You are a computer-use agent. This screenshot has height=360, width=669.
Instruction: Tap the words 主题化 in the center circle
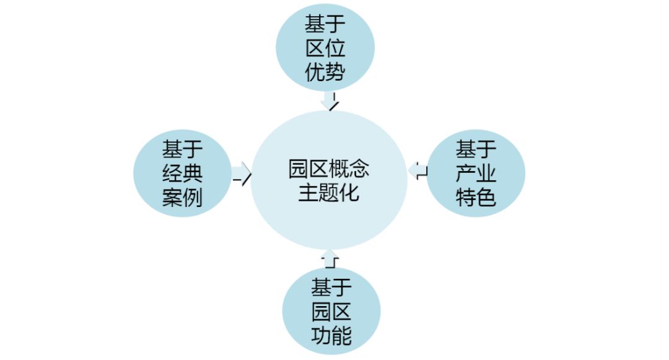click(328, 193)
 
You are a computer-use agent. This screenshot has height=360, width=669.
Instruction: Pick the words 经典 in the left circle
click(183, 173)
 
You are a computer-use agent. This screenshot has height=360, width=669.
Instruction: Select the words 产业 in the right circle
click(476, 173)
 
